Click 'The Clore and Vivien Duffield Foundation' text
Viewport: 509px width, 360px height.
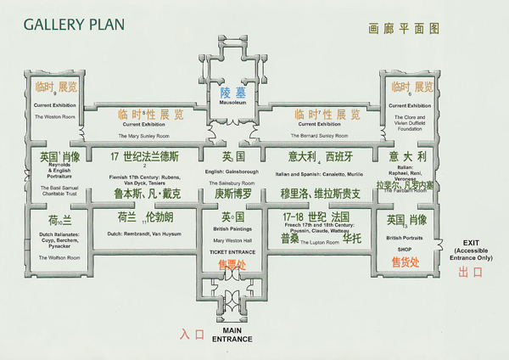point(411,121)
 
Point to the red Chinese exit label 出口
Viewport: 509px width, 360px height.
point(471,273)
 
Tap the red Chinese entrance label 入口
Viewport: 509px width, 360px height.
point(193,335)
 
